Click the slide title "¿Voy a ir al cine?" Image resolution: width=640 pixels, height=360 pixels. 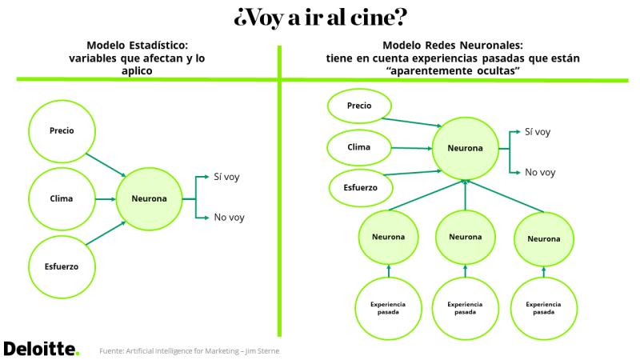pos(321,18)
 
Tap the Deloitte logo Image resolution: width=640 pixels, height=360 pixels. pos(42,349)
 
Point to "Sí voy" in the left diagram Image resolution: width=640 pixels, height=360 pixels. pos(226,177)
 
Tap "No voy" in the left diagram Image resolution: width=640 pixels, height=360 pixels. pos(229,217)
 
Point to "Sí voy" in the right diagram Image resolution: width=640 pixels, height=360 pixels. pos(538,132)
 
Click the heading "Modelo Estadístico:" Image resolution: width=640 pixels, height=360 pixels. pos(137,45)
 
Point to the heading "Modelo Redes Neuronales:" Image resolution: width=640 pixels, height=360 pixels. pos(453,45)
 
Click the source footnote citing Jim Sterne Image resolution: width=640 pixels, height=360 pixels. pos(190,351)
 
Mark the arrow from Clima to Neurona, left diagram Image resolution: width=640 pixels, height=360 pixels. pos(106,199)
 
